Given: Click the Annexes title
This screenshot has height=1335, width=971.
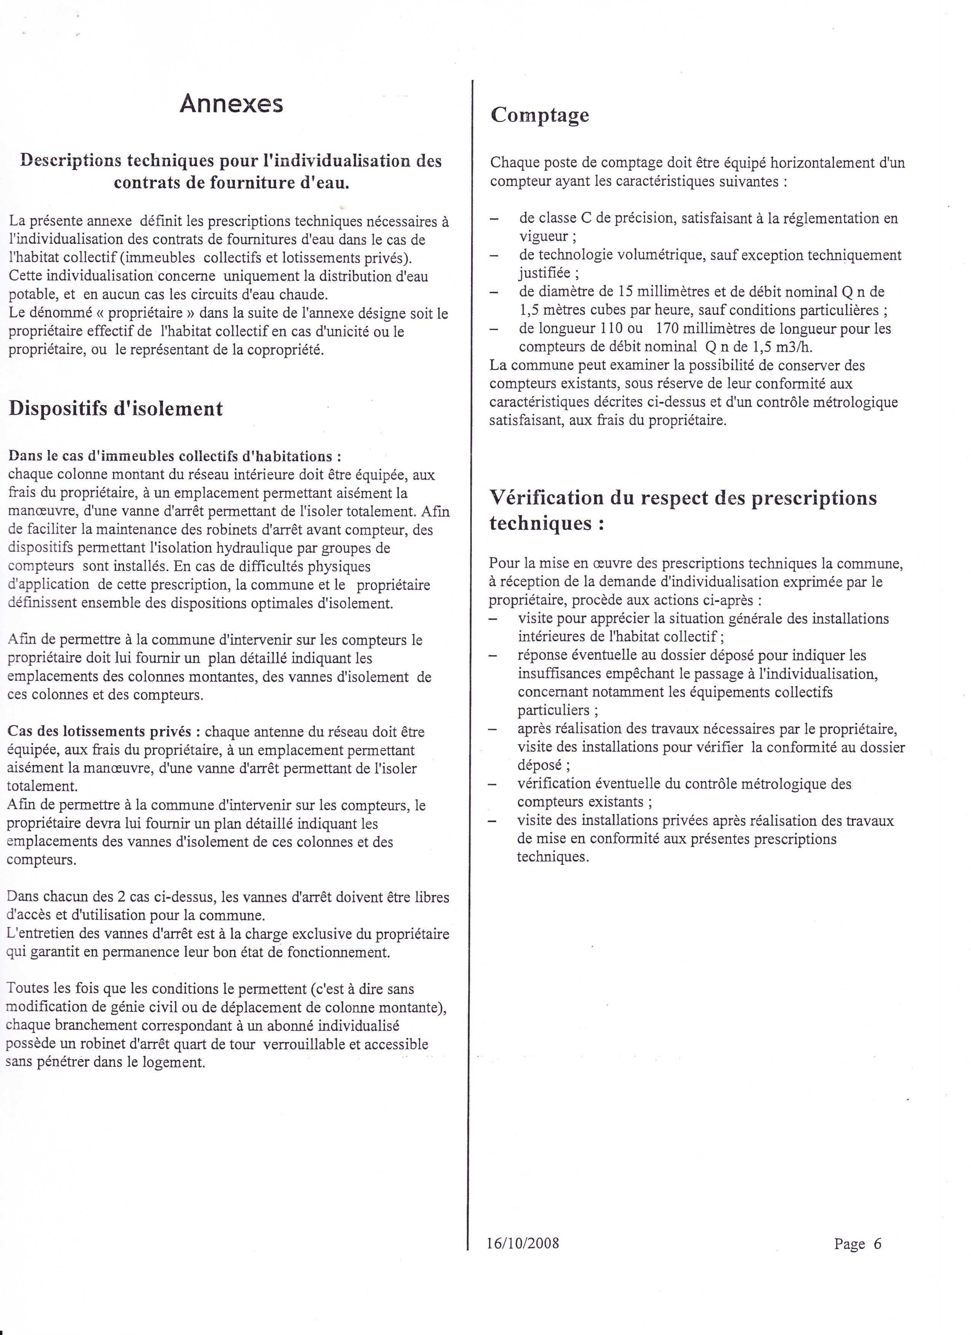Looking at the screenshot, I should [231, 104].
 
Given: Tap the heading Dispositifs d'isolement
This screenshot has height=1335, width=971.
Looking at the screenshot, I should [116, 408].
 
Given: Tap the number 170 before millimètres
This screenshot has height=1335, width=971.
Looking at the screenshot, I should [669, 328].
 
